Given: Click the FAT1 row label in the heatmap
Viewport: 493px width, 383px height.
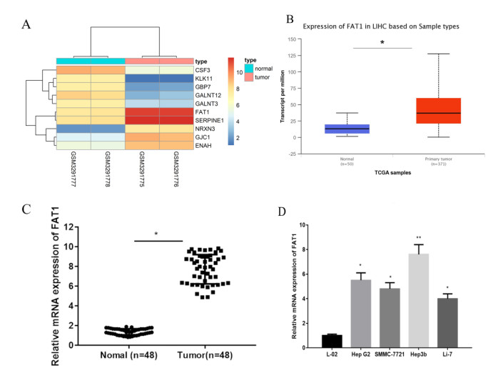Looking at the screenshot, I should point(205,111).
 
